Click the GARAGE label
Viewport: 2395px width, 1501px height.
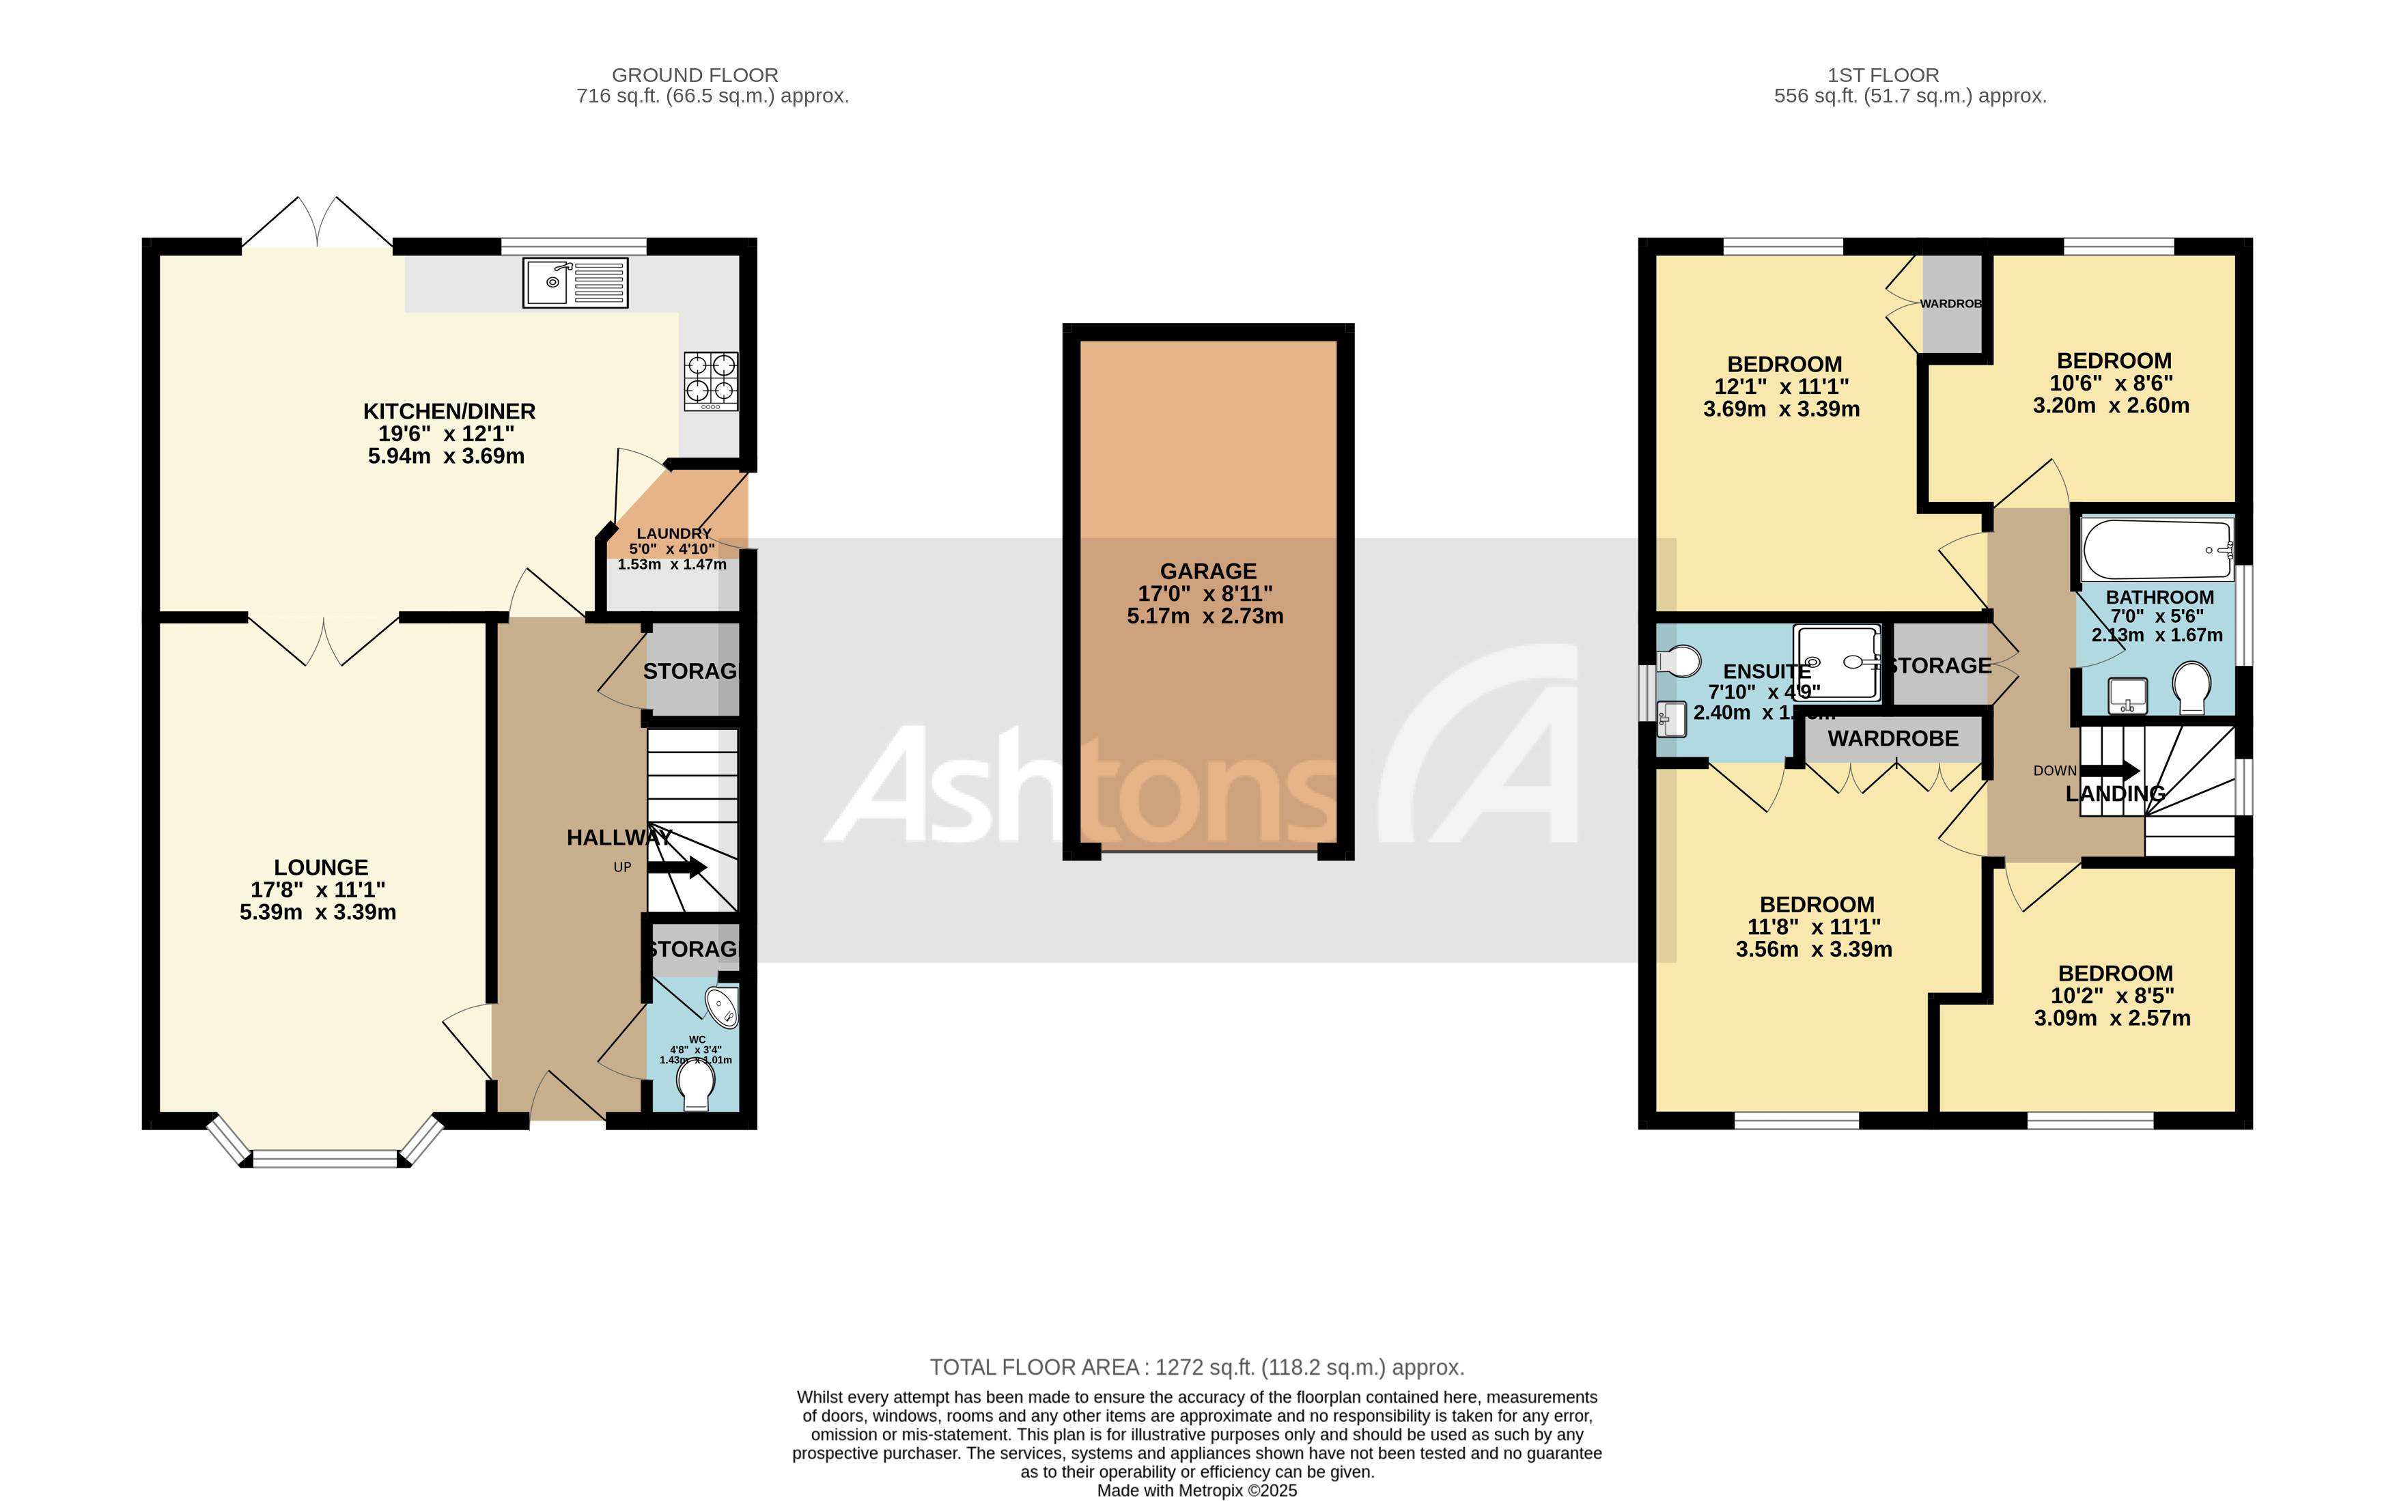click(1208, 571)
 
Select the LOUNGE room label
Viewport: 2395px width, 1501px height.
click(320, 867)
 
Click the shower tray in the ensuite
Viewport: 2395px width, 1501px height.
click(1836, 662)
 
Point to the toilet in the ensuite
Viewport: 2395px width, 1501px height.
click(1679, 660)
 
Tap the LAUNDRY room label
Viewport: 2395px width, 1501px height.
click(674, 534)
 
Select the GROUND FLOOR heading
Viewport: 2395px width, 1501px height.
click(695, 74)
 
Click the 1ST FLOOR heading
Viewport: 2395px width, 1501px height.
click(1883, 74)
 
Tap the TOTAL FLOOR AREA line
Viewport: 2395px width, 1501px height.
click(1197, 1367)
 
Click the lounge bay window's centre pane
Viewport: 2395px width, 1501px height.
click(326, 1158)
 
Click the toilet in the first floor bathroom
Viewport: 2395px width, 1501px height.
click(2191, 688)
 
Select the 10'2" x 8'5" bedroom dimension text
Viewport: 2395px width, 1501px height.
click(2112, 996)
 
